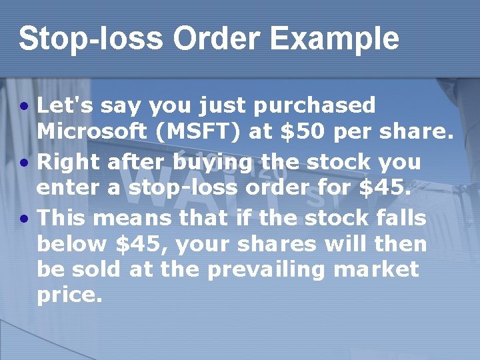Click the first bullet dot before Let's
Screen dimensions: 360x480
[x=24, y=107]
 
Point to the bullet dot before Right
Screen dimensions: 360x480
[x=24, y=163]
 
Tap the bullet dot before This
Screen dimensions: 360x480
[x=24, y=219]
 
